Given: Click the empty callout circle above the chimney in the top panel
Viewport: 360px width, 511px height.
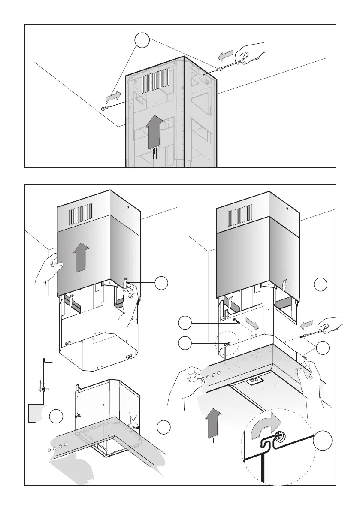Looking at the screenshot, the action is point(142,41).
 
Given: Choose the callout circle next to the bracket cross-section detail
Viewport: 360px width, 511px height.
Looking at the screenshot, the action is point(56,417).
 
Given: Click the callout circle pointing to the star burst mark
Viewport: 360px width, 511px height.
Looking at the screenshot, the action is point(163,427).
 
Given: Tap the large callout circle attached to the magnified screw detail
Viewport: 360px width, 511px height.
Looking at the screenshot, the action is point(322,441).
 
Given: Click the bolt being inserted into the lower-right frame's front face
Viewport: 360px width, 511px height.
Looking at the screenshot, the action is point(236,320).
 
